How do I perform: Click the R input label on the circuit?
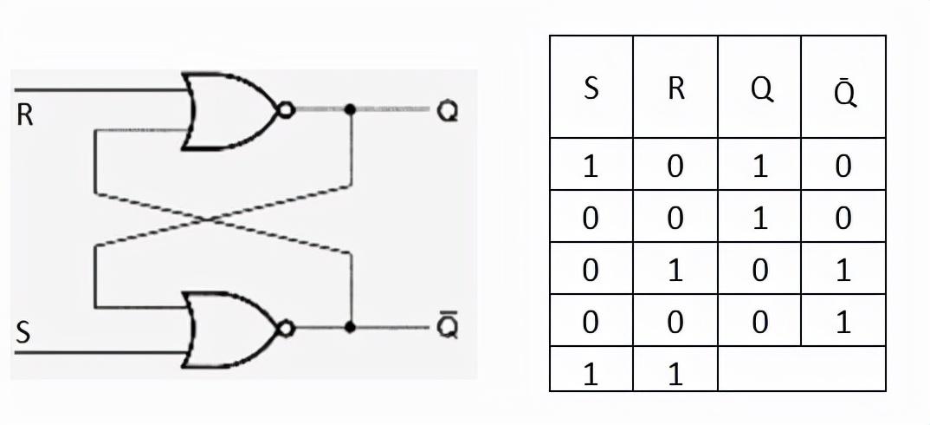[x=24, y=114]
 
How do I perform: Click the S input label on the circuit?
[x=23, y=333]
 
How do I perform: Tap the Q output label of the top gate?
[x=447, y=111]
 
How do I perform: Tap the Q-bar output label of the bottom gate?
[x=447, y=326]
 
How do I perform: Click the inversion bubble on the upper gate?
[x=286, y=110]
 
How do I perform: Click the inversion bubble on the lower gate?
[x=286, y=328]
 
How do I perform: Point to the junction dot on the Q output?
[x=350, y=109]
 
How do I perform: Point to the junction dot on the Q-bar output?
[x=350, y=327]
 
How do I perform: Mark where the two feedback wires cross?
[x=208, y=219]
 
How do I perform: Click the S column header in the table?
[x=591, y=90]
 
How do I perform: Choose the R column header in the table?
[x=675, y=89]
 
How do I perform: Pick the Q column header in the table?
[x=761, y=91]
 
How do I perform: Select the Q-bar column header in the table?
[x=845, y=91]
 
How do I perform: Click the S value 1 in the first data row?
[x=591, y=167]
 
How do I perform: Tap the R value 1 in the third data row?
[x=675, y=271]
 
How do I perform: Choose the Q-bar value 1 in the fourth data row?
[x=843, y=322]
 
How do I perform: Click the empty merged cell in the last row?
[x=801, y=368]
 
